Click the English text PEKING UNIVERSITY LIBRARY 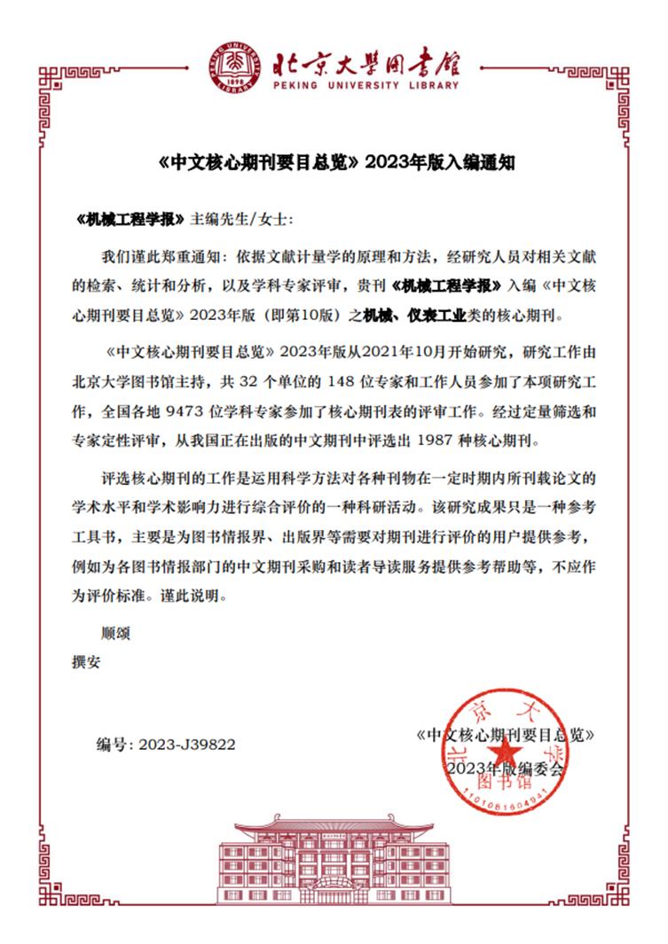365,86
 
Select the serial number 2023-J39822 187,745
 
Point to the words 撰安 87,660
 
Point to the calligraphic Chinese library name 365,60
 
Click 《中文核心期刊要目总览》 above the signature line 505,735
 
